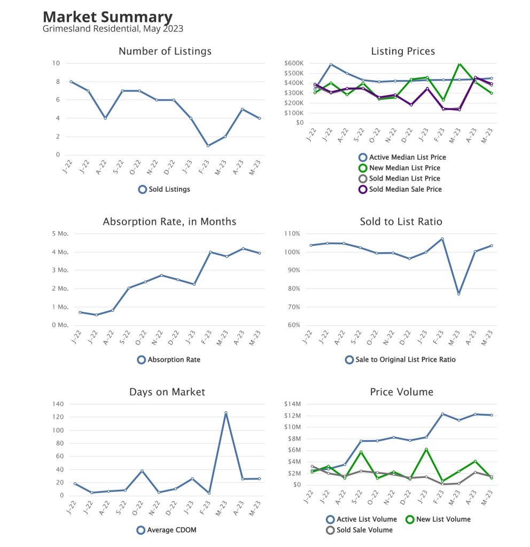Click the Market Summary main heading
(x=107, y=17)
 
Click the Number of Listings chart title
(x=165, y=51)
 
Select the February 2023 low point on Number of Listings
(x=208, y=146)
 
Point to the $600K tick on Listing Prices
(x=294, y=63)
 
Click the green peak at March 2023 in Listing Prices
(x=459, y=64)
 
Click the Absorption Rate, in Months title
(x=169, y=221)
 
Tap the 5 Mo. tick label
(x=60, y=234)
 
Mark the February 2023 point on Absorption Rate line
(x=210, y=252)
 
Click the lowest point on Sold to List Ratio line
(x=458, y=294)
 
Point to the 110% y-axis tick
(x=292, y=234)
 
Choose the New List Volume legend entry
(x=442, y=519)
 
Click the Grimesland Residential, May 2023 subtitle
(x=113, y=29)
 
